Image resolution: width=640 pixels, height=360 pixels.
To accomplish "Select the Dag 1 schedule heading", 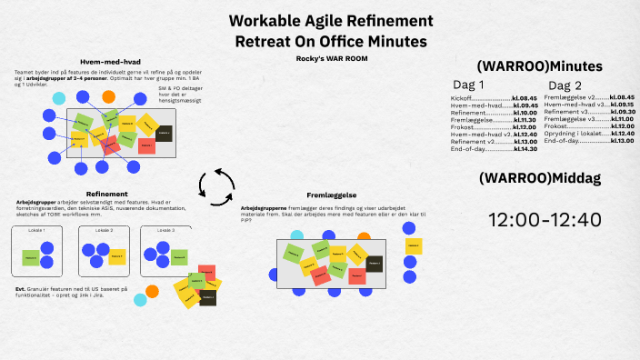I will [x=470, y=85].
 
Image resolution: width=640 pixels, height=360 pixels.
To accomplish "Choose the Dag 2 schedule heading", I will [x=565, y=85].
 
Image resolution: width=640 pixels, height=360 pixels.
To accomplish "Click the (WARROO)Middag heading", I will [x=539, y=178].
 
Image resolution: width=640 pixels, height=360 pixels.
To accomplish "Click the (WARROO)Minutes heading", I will [x=539, y=65].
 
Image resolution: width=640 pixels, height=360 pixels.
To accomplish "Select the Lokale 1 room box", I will [x=36, y=252].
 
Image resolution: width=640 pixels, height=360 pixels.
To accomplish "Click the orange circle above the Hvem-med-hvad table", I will [x=109, y=95].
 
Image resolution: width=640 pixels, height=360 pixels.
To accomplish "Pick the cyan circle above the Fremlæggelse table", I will [x=296, y=236].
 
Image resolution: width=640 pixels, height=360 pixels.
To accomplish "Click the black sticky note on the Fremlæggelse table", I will [x=375, y=265].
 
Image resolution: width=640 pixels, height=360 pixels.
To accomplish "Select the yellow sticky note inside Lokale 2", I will [x=116, y=257].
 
